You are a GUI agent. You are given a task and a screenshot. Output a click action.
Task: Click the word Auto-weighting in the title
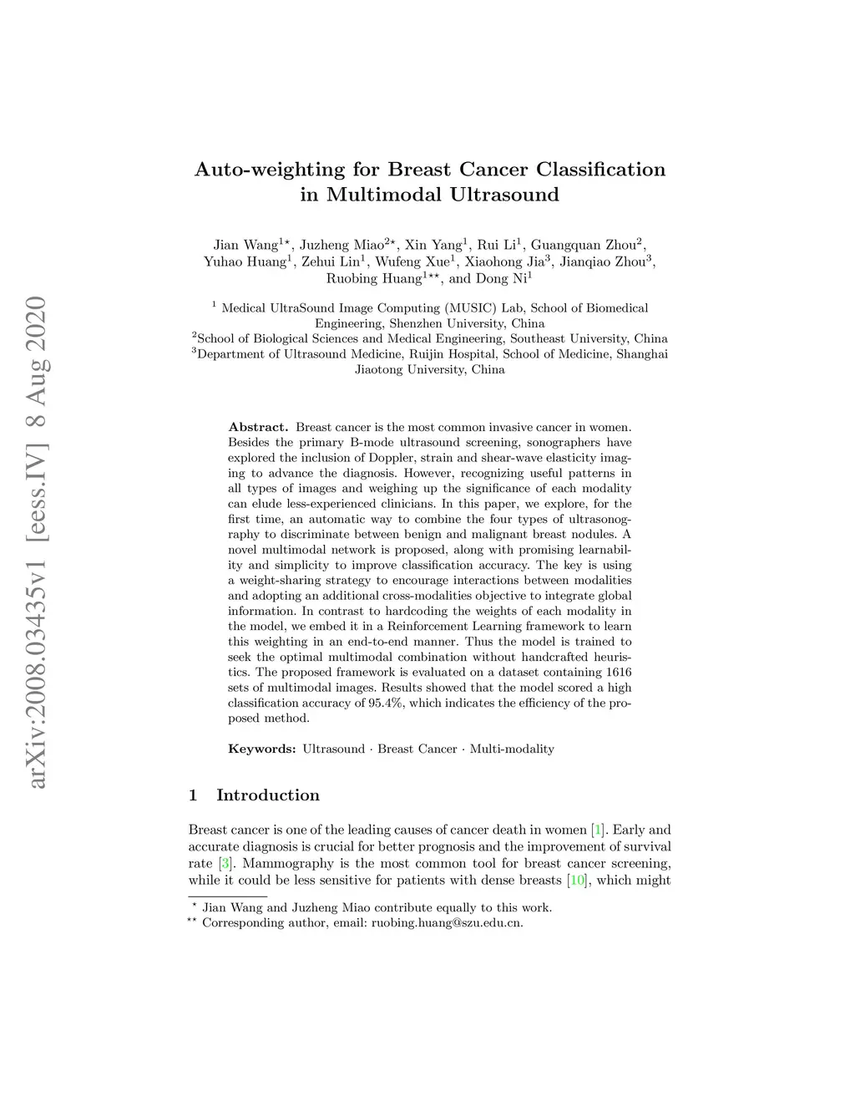(x=269, y=170)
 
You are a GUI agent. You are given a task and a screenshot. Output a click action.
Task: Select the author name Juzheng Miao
(x=341, y=246)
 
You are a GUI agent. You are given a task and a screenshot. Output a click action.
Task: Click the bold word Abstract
(x=258, y=427)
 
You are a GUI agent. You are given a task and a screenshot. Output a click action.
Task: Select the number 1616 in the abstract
(x=617, y=673)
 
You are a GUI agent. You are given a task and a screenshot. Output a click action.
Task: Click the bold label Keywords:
(x=262, y=749)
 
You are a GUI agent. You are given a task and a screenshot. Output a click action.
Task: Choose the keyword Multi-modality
(x=512, y=749)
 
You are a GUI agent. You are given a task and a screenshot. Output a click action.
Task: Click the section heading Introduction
(x=268, y=795)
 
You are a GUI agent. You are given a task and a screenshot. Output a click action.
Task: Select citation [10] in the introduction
(x=576, y=880)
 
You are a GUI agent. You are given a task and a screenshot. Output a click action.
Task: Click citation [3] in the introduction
(x=225, y=863)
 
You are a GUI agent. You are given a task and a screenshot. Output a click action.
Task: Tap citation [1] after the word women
(x=598, y=830)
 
